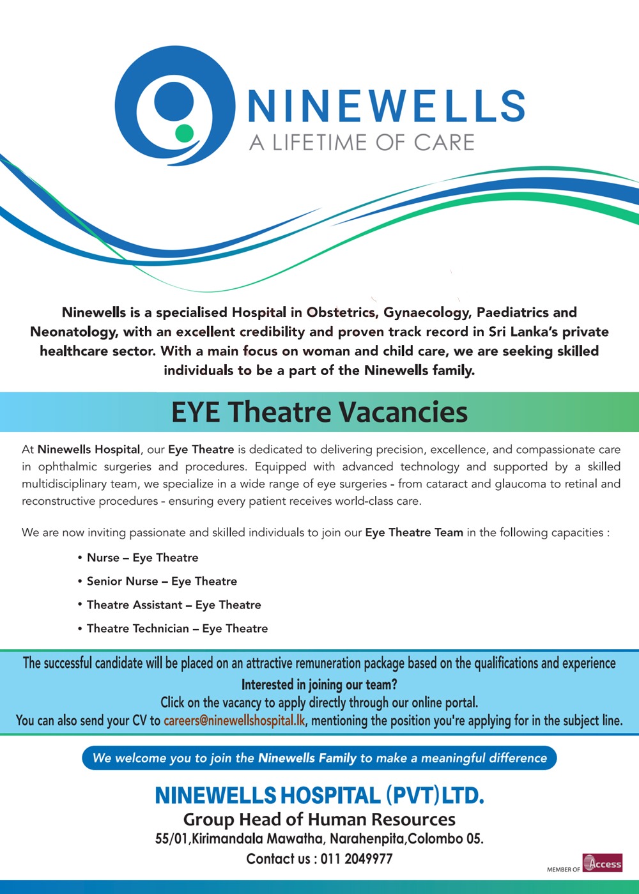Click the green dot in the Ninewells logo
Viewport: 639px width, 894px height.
pyautogui.click(x=184, y=133)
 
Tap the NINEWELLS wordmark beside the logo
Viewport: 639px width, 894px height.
pyautogui.click(x=386, y=106)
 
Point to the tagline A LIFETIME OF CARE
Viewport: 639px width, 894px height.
pyautogui.click(x=362, y=143)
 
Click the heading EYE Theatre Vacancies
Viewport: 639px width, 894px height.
pyautogui.click(x=319, y=412)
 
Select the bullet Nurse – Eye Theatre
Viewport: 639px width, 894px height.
pyautogui.click(x=142, y=558)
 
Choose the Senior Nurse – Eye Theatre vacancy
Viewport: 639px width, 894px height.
pyautogui.click(x=162, y=582)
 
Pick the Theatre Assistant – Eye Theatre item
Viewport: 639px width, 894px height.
pyautogui.click(x=174, y=605)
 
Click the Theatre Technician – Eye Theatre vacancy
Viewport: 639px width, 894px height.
pyautogui.click(x=177, y=629)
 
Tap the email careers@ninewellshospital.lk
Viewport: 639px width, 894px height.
pyautogui.click(x=234, y=721)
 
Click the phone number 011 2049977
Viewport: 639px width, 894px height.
pyautogui.click(x=357, y=859)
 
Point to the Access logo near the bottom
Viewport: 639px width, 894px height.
pyautogui.click(x=602, y=863)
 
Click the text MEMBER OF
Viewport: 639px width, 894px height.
pyautogui.click(x=563, y=869)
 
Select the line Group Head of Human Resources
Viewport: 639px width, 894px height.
pyautogui.click(x=319, y=819)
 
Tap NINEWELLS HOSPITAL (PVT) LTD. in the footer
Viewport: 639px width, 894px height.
pyautogui.click(x=319, y=796)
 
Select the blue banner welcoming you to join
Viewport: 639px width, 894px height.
pyautogui.click(x=319, y=758)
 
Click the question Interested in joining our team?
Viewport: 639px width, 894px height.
pyautogui.click(x=319, y=684)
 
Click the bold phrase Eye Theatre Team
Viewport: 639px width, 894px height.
pyautogui.click(x=414, y=532)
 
